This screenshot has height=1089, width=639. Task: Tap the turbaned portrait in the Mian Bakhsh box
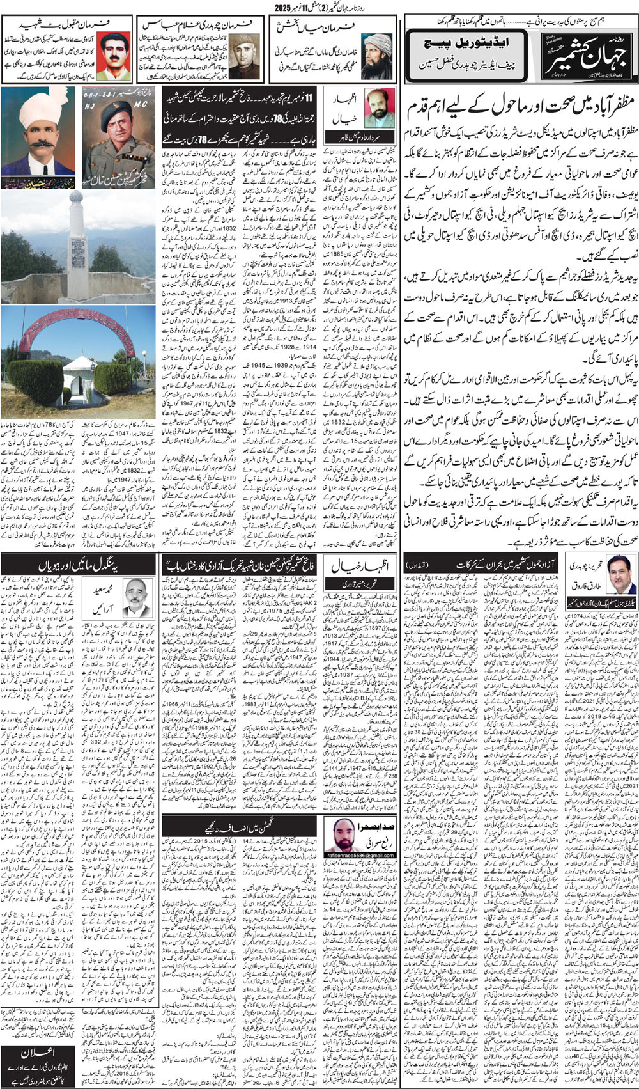click(x=377, y=55)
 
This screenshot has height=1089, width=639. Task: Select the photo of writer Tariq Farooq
click(x=617, y=573)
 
